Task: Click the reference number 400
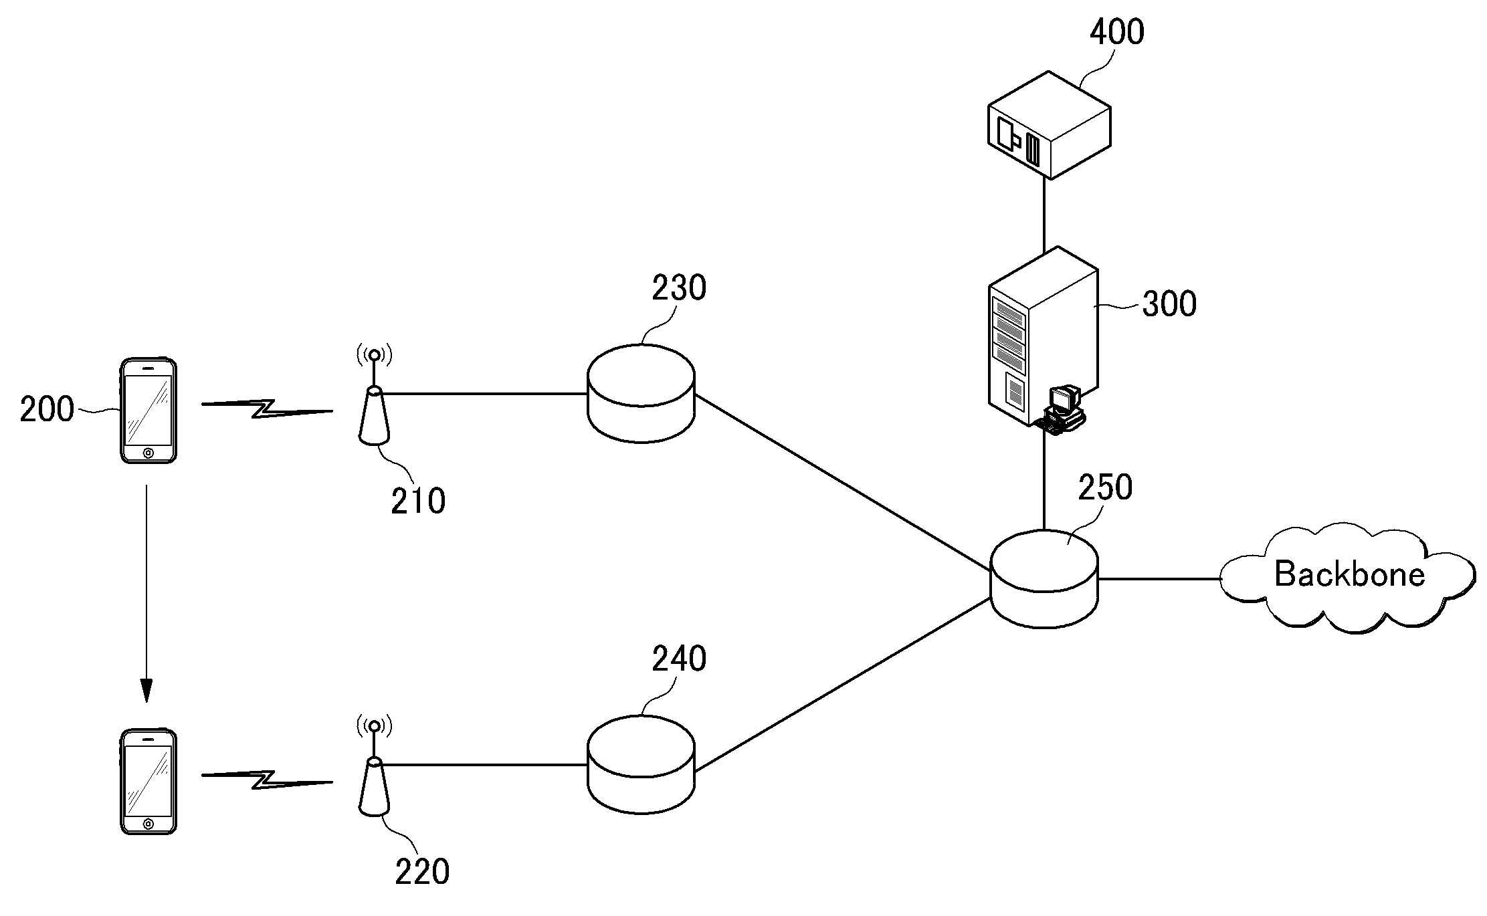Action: click(x=1117, y=32)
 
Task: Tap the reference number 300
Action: click(x=1169, y=304)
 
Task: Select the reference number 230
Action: click(x=679, y=288)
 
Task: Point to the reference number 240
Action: click(x=679, y=659)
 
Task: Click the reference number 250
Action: click(x=1105, y=487)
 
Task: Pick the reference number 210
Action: click(x=418, y=501)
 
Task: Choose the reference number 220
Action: click(x=422, y=872)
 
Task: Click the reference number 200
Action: click(x=47, y=409)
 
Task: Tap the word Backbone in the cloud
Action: click(x=1350, y=574)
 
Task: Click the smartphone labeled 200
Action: click(x=148, y=411)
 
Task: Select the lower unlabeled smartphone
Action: click(x=148, y=782)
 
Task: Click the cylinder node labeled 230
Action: click(x=641, y=393)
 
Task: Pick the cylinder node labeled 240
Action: click(x=641, y=764)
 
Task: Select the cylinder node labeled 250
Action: click(x=1044, y=579)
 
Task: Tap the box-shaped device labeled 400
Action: click(x=1050, y=125)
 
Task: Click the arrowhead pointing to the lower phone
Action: click(x=146, y=691)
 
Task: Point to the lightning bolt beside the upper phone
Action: click(x=267, y=409)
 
